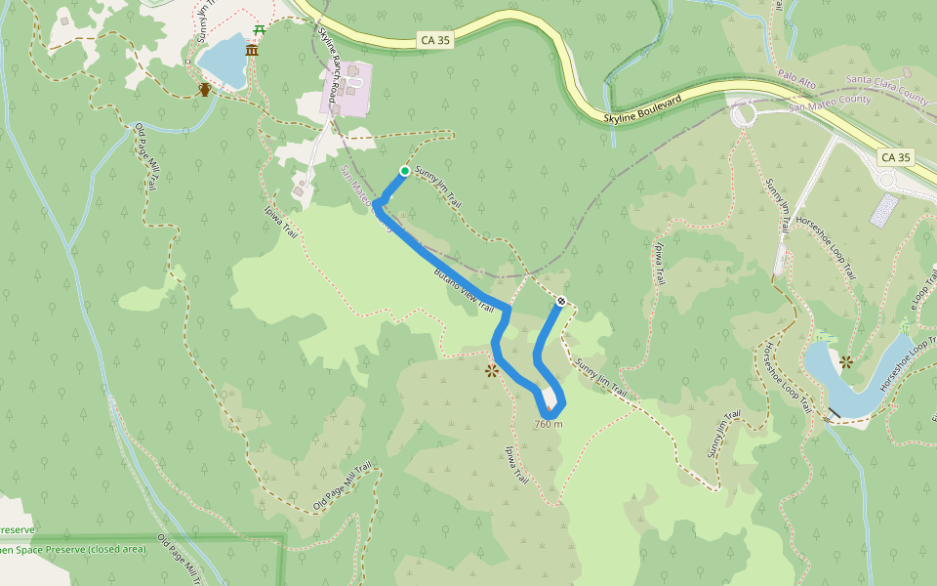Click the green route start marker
(404, 172)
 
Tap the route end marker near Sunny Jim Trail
(561, 301)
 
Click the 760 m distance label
(549, 424)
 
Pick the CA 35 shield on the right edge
(895, 156)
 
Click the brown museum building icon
(252, 50)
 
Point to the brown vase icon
(205, 90)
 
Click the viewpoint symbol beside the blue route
(492, 370)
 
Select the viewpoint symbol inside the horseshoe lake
(846, 361)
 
